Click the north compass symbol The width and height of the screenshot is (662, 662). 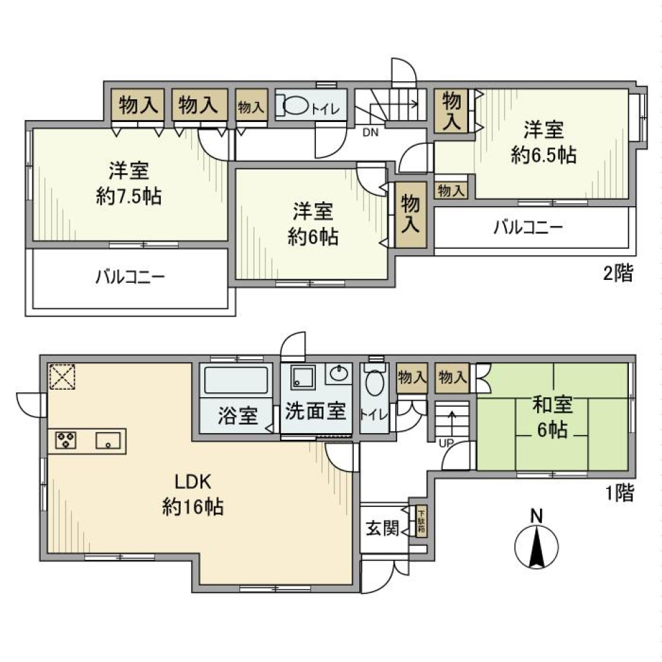(x=536, y=548)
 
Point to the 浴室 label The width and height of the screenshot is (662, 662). (x=238, y=416)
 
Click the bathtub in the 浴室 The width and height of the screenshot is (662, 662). (x=235, y=380)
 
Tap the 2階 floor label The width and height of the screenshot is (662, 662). (x=618, y=274)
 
